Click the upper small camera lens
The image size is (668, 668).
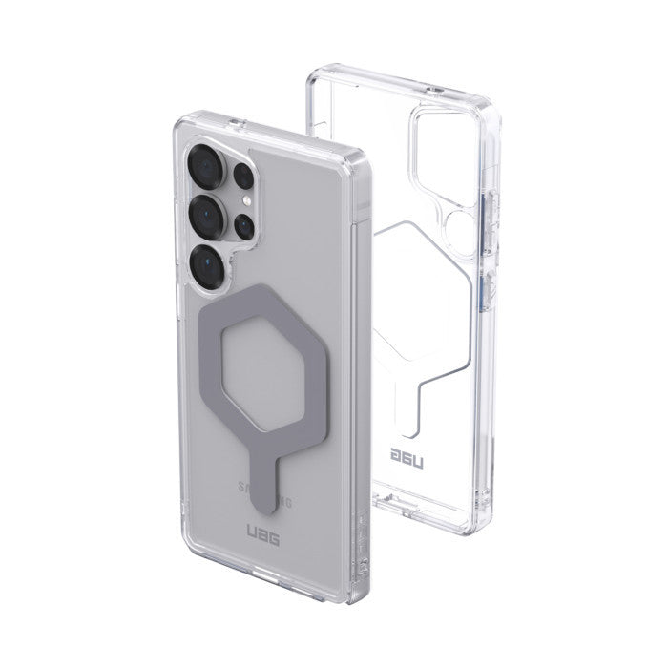242,177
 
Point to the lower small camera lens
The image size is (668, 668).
244,226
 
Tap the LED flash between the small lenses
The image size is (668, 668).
246,202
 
